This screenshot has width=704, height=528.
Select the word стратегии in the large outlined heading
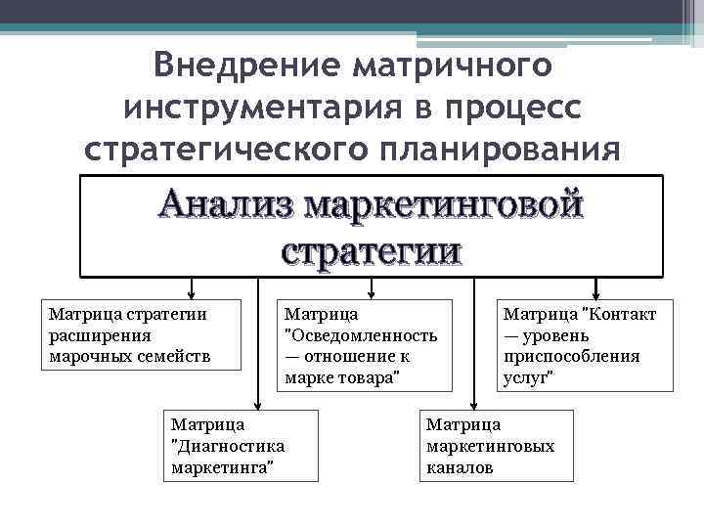[371, 250]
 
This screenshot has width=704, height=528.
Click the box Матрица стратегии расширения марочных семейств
[141, 334]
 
